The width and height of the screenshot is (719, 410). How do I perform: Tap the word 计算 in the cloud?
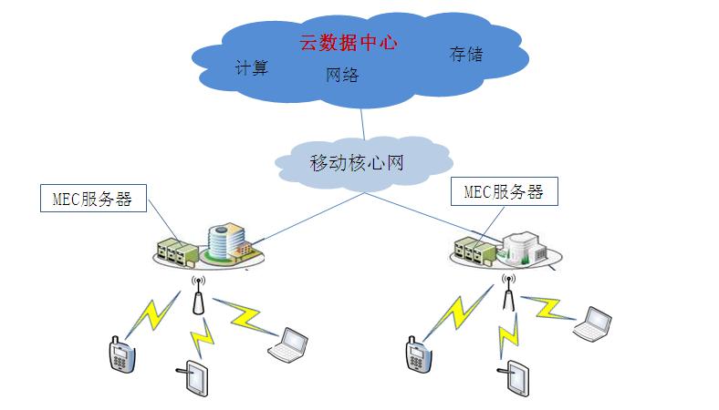[x=252, y=68]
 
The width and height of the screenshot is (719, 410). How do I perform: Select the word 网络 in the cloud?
[x=342, y=76]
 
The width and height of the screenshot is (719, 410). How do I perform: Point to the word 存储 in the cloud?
[x=465, y=55]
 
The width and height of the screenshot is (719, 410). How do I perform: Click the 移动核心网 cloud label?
[x=356, y=164]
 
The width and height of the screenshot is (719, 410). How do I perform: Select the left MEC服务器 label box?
[x=93, y=199]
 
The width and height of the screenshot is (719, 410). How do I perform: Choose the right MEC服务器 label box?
[x=505, y=192]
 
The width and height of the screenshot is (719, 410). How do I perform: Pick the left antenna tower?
[x=196, y=296]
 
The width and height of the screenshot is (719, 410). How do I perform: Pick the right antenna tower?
[x=509, y=293]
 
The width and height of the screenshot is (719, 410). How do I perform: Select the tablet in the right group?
[x=516, y=378]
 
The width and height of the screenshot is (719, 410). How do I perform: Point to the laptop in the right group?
[x=592, y=324]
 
